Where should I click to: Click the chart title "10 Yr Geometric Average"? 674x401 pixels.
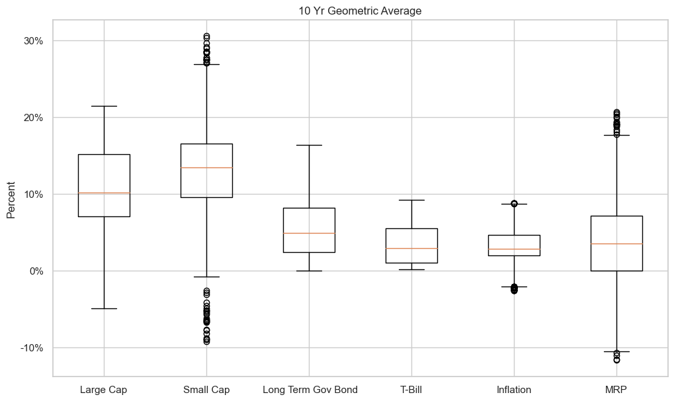coord(359,11)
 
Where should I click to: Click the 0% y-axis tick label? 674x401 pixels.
coord(35,271)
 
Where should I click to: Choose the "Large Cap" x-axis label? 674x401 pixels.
coord(103,390)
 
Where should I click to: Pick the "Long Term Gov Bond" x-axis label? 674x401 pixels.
coord(309,390)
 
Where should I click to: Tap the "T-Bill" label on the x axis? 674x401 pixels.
coord(411,390)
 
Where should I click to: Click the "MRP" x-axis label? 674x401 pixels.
coord(616,390)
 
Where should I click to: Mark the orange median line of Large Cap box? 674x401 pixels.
coord(104,193)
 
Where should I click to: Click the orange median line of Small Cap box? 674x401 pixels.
coord(206,167)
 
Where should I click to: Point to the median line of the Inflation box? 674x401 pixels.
coord(514,249)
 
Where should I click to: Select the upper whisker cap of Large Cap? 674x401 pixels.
coord(104,106)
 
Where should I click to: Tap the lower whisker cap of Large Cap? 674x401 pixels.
coord(104,308)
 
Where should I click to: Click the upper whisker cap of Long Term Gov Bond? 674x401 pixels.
coord(309,145)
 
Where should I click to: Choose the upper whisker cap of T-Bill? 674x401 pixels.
coord(411,200)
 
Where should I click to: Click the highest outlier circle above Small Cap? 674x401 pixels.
coord(206,36)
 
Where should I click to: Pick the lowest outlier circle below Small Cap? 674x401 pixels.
coord(206,341)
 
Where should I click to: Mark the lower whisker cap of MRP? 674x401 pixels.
coord(616,351)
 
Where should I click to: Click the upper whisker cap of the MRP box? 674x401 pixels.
coord(616,135)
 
